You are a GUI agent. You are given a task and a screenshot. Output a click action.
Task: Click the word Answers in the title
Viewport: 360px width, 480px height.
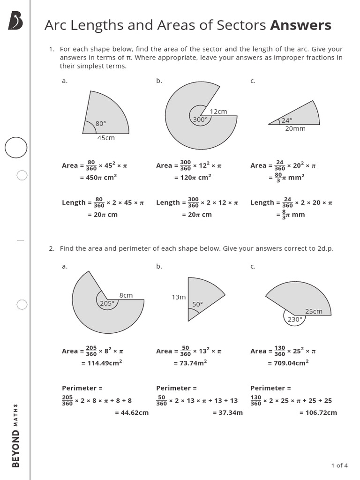(x=300, y=25)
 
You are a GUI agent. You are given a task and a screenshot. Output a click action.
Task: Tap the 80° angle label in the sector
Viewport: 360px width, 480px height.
(x=101, y=124)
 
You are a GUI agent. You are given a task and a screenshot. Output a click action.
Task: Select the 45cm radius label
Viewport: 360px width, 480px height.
(x=106, y=138)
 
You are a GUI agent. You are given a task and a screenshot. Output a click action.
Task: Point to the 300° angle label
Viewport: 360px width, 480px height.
(x=200, y=120)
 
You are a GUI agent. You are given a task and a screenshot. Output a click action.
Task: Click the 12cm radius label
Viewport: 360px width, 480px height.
(x=218, y=112)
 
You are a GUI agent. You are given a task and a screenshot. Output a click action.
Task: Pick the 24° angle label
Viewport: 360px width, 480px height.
(x=286, y=120)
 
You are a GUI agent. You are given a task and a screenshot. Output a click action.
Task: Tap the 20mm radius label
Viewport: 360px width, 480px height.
(x=295, y=128)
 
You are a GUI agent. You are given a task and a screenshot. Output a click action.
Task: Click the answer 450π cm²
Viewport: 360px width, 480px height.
(x=98, y=177)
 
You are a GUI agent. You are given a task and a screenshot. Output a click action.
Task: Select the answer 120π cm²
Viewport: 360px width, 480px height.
(x=193, y=177)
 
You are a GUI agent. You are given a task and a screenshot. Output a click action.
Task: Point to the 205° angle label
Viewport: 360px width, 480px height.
(x=107, y=303)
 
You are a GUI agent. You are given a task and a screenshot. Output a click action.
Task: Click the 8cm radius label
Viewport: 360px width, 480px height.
(x=126, y=295)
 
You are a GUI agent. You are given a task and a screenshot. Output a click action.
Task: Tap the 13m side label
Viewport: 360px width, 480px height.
(x=179, y=297)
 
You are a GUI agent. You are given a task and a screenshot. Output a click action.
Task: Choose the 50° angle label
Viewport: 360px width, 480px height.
(x=197, y=304)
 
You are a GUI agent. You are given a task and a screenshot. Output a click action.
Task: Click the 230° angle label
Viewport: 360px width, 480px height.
(x=295, y=319)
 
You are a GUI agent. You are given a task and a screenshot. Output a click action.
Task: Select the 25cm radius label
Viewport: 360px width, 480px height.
(x=314, y=311)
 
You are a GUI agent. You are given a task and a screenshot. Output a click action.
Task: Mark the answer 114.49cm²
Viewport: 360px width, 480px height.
(x=102, y=363)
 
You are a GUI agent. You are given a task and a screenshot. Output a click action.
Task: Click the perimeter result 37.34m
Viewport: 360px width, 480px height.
(x=228, y=412)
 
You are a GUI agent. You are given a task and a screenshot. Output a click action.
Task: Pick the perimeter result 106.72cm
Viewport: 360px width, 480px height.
(x=318, y=412)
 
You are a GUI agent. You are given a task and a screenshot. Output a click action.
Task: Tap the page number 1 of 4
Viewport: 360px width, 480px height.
(x=339, y=465)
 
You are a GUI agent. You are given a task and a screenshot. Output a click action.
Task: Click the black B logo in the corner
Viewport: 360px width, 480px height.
(x=15, y=21)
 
